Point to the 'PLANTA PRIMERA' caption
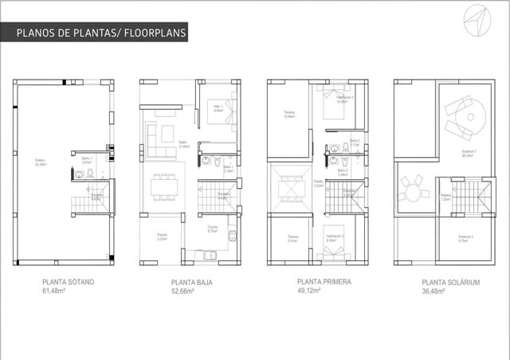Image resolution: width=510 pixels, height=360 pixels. pos(324,282)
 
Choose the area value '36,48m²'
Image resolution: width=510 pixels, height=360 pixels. pos(433,291)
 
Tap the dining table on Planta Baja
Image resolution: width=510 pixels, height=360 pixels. pos(164,187)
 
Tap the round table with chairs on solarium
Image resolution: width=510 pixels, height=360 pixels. pos(411,190)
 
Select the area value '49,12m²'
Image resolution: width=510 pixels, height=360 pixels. pos(309,291)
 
